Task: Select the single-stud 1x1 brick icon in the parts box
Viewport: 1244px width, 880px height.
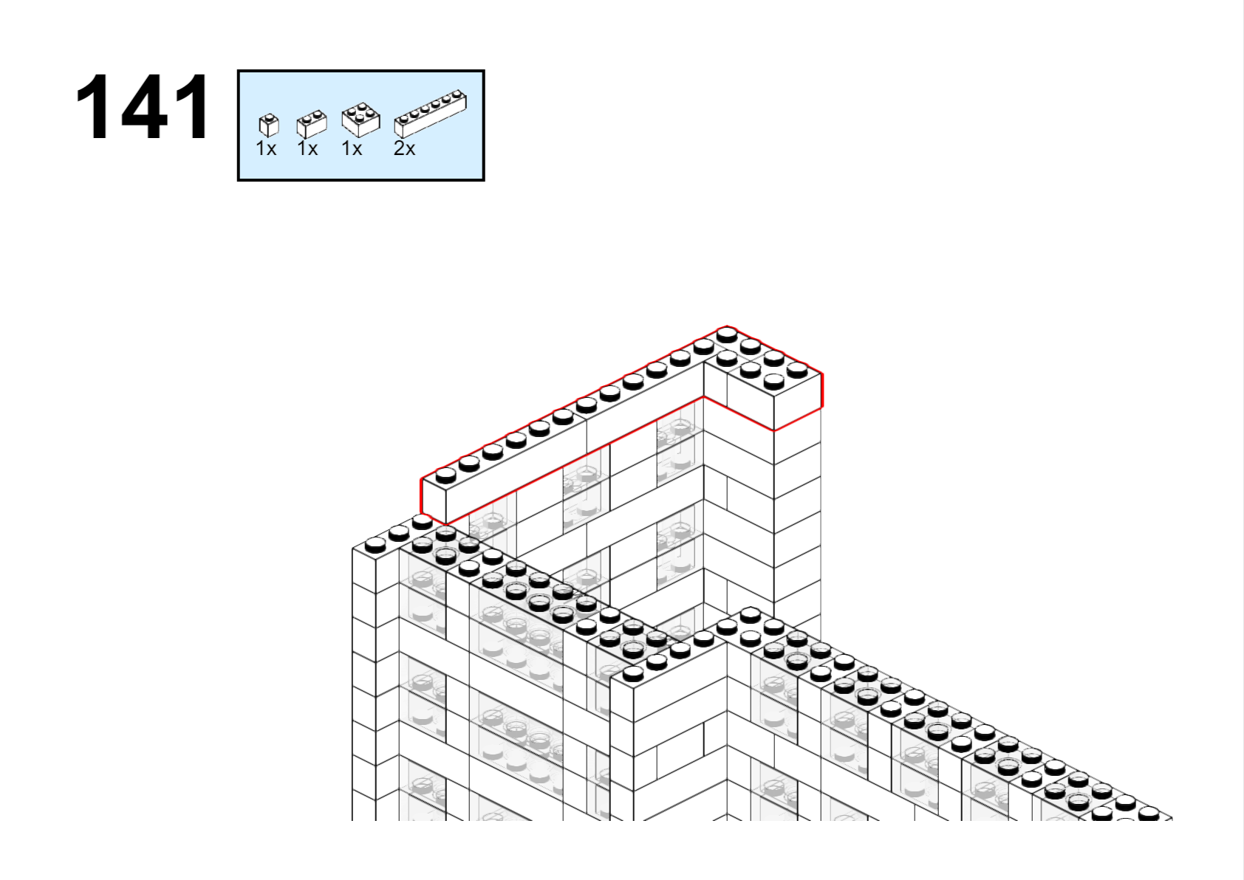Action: point(269,125)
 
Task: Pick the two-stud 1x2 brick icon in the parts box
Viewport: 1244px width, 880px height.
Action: point(312,124)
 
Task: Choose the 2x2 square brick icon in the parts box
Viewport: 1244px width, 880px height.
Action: point(361,120)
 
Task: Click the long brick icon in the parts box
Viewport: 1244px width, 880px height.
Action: point(431,114)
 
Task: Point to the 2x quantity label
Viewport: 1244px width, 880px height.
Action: point(404,148)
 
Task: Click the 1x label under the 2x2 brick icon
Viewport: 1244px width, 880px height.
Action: point(352,148)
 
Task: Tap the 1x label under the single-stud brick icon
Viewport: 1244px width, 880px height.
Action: point(266,148)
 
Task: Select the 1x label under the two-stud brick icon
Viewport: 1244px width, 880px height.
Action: point(307,148)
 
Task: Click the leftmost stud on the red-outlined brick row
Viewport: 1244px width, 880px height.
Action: point(446,475)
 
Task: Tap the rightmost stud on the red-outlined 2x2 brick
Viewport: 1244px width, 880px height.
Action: point(797,370)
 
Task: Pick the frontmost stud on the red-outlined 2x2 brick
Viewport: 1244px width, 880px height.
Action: point(773,381)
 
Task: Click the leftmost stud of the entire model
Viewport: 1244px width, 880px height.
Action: point(375,546)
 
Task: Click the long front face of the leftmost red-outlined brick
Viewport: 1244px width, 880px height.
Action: point(516,472)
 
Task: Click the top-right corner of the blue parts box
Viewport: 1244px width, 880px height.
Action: point(484,71)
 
